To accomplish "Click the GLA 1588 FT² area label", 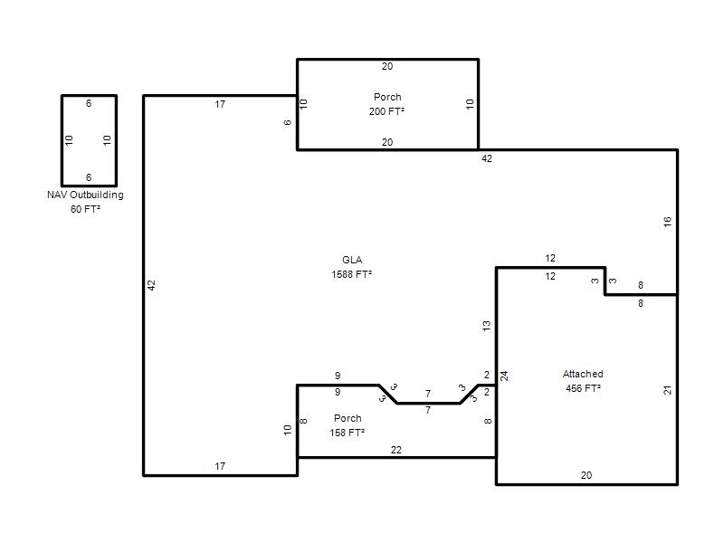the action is click(351, 267).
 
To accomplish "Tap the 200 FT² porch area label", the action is click(387, 111).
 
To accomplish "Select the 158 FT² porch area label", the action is click(348, 433).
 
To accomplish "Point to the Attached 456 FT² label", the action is click(583, 381).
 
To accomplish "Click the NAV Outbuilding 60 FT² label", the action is click(85, 202).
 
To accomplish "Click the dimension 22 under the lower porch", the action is click(396, 450).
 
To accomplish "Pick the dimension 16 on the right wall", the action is click(667, 222).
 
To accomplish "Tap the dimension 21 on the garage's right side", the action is click(667, 390).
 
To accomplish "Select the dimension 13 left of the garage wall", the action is click(486, 326).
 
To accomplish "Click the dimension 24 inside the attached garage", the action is click(504, 376).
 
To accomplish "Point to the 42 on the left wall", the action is click(151, 285).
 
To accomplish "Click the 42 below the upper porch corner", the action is click(487, 158).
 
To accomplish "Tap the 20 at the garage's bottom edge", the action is click(586, 475).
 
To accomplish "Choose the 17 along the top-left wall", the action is click(220, 104).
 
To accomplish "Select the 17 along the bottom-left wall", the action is click(220, 466).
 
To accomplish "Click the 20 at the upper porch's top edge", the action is click(387, 66).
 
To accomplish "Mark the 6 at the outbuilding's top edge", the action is click(89, 103).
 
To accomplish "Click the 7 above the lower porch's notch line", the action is click(428, 394).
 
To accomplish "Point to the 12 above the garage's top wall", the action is click(550, 258).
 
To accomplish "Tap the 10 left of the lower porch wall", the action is click(287, 430).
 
